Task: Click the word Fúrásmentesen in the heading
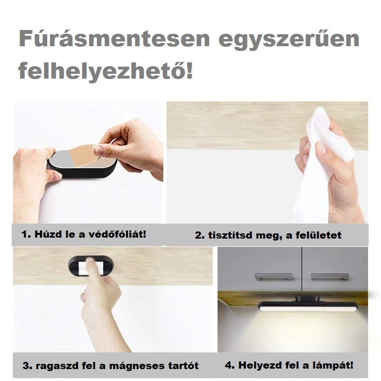point(114,39)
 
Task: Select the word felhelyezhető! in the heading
point(106,71)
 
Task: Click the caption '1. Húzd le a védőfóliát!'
point(84,234)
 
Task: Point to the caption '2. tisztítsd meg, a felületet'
point(268,235)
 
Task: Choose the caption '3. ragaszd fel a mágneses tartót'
point(110,366)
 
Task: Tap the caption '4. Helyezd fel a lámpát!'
point(289,365)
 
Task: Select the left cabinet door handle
point(273,276)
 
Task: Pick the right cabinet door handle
point(330,276)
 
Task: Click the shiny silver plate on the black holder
point(61,159)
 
